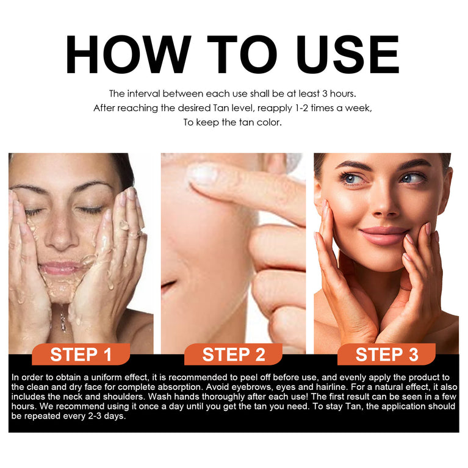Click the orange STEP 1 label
81,355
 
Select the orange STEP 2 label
234,355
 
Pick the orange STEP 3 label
387,355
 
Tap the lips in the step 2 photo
168,286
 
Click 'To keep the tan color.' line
232,122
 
